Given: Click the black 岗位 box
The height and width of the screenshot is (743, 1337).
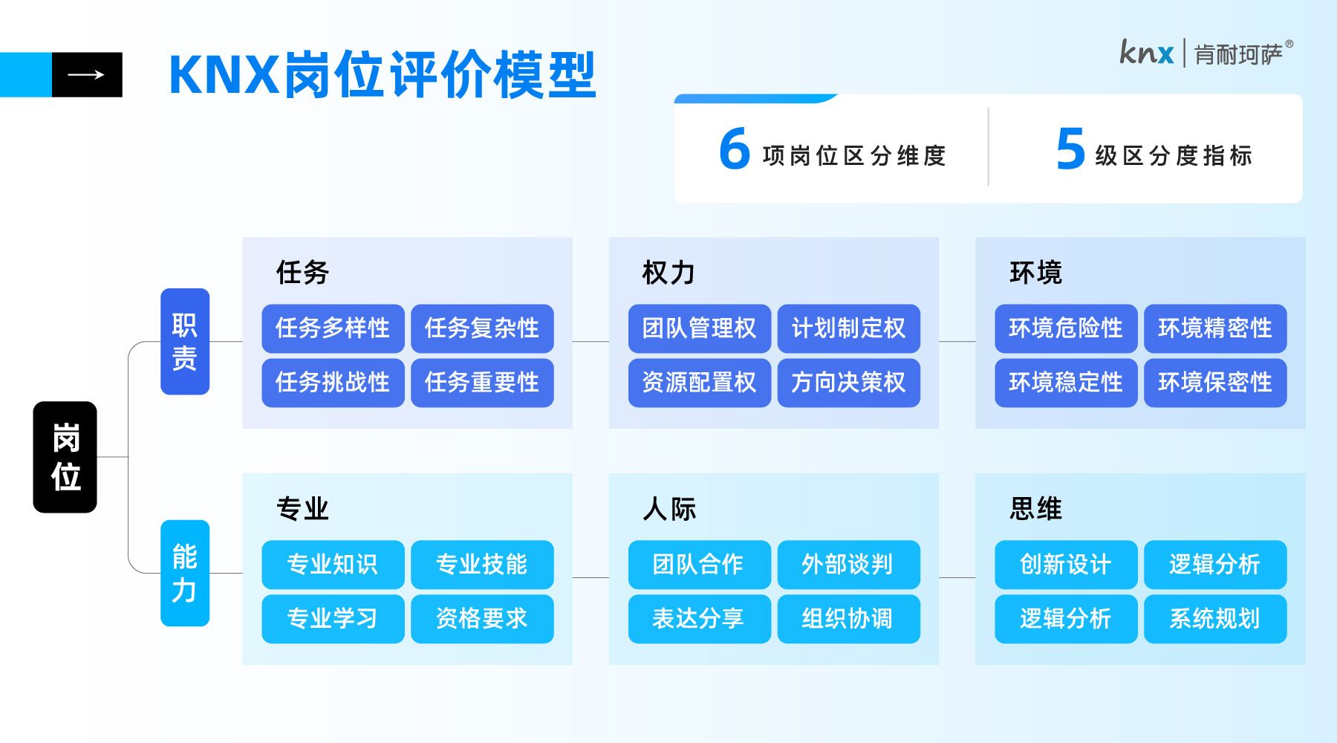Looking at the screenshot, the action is point(65,457).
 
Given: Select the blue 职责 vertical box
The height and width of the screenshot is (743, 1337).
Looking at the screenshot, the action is point(185,341).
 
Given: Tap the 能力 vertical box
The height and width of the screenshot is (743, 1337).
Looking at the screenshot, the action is point(185,573).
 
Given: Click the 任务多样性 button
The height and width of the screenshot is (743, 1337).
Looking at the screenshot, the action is point(333,328).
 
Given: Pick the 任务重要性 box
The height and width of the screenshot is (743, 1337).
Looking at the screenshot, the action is point(482,383).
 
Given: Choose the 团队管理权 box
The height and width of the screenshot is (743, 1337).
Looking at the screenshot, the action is point(700,328).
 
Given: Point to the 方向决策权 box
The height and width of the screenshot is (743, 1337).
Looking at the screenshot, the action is point(849,383).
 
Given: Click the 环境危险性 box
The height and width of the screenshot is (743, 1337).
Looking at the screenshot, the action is point(1066,328).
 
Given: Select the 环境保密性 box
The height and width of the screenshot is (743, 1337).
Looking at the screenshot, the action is point(1215,383).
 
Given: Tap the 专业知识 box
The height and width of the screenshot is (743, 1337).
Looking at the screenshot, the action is point(333,565).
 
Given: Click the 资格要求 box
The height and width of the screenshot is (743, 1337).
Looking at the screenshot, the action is point(482,618).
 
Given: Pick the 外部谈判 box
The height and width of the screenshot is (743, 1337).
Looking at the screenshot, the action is point(849,565).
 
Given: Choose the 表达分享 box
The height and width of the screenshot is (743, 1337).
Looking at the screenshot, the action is point(700,618).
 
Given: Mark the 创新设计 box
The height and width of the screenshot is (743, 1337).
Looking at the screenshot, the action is point(1066,565).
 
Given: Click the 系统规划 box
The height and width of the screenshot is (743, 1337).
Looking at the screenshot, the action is point(1215,618).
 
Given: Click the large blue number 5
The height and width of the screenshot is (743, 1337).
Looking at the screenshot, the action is point(1070,148).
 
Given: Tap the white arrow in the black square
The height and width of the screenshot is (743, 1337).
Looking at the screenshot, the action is point(86,74).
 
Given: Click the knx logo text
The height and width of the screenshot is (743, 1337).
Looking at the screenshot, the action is point(1147,52).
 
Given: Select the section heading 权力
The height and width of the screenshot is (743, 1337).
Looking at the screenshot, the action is point(668,273).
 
